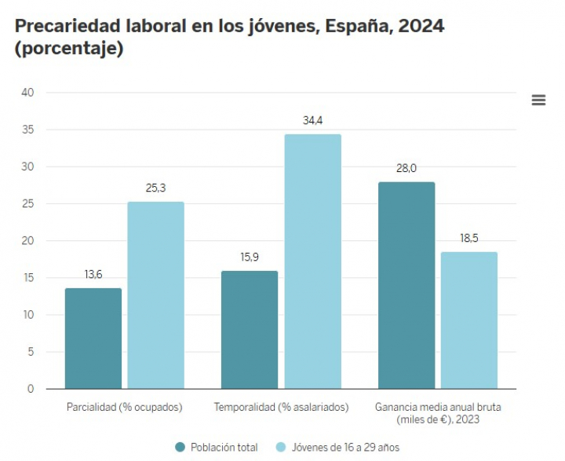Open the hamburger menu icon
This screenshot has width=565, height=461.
(538, 100)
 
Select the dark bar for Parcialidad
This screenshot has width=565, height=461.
(93, 338)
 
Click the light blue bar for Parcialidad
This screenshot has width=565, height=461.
(155, 295)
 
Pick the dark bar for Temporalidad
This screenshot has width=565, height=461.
(250, 330)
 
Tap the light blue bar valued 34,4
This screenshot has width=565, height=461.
(312, 262)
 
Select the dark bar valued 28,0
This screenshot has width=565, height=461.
(406, 285)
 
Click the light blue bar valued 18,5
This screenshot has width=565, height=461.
(469, 320)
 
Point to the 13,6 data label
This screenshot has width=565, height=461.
(93, 275)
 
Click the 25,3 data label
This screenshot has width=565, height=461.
(155, 188)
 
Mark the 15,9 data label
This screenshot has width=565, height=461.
(250, 258)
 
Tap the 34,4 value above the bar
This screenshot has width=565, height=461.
(312, 121)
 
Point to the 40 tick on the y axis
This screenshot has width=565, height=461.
(28, 93)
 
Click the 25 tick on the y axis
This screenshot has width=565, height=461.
(28, 204)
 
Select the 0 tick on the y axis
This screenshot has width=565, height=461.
(31, 389)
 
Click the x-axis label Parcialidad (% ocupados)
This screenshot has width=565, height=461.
(125, 408)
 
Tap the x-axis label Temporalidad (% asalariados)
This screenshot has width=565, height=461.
(281, 408)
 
